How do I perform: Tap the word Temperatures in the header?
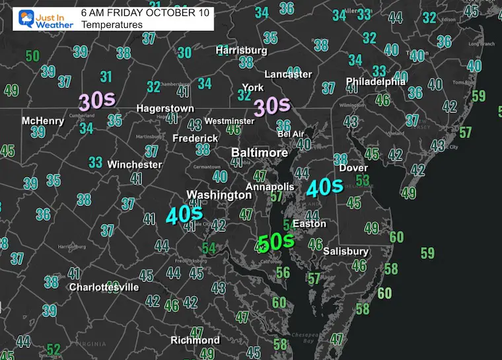coord(112,24)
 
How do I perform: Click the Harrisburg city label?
coord(241,50)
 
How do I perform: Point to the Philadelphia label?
coord(375,82)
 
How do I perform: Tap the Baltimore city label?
coord(260,153)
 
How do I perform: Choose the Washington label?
coord(219,195)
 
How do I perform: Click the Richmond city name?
coord(195,340)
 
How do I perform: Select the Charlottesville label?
coord(104,287)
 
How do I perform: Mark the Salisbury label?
coord(345,252)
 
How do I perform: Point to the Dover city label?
coord(353,168)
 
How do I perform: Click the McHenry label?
coord(43,121)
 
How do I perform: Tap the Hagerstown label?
coord(165,108)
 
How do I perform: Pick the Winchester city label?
coord(135,164)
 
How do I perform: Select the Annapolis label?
coord(269,187)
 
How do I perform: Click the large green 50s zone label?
coord(276,242)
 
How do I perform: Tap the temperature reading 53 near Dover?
coord(363,180)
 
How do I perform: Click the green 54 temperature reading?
coord(209,248)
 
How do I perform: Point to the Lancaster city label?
coord(288,75)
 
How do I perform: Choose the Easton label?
coord(309,224)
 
